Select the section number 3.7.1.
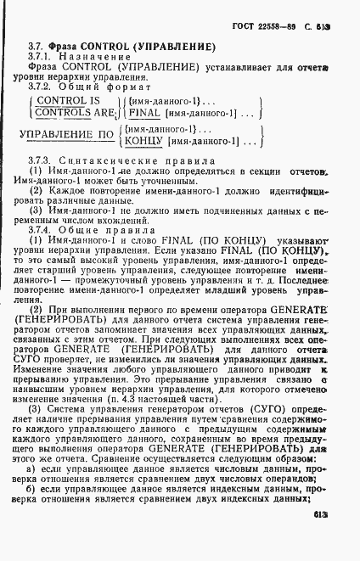[40, 55]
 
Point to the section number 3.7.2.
[40, 86]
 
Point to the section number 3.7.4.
[40, 229]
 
